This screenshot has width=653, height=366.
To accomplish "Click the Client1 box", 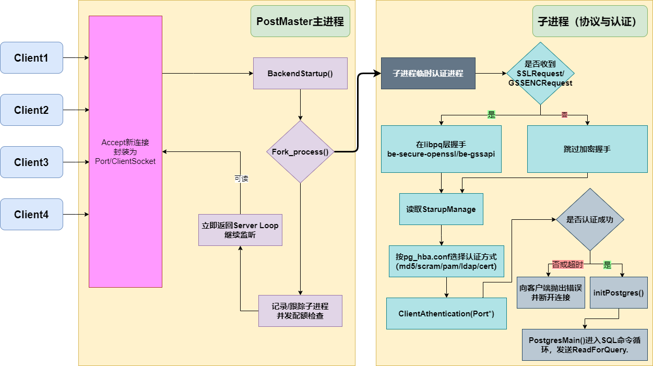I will [31, 57].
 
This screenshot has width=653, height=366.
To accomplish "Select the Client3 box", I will [31, 162].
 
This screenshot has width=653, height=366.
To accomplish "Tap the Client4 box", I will [31, 214].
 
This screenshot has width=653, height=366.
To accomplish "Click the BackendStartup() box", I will [300, 73].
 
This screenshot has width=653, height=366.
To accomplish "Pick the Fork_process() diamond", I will [300, 152].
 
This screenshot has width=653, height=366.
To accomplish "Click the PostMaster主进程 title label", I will [300, 21].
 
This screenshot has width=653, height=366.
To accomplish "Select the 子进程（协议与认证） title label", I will [587, 21].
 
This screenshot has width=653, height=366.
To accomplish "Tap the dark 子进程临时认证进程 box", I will [428, 73].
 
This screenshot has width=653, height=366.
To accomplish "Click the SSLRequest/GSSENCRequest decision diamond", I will [540, 74].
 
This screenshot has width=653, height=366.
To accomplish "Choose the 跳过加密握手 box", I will [587, 149].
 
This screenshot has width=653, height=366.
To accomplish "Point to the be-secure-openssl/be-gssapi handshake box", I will [441, 149].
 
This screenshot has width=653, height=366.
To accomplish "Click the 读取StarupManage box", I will [441, 209].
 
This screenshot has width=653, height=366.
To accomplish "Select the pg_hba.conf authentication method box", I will [446, 262].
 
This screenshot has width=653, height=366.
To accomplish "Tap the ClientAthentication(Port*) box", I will [446, 314].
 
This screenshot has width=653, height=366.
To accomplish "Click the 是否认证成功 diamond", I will [590, 220].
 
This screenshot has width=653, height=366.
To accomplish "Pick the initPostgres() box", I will [619, 293].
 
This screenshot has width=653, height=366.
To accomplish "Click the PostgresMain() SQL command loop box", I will [585, 345].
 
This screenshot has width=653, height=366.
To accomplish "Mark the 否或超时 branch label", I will [567, 265].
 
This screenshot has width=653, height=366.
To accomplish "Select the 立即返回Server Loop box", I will [240, 230].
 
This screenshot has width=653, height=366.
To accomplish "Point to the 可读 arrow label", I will [241, 179].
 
